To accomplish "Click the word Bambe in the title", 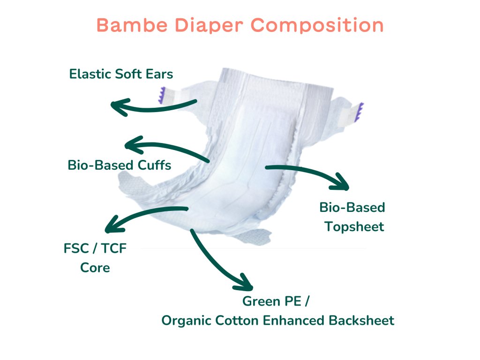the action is click(132, 25).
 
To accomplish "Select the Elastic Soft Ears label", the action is click(121, 74).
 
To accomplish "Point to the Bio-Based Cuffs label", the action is click(120, 165).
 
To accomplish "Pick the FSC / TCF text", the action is click(95, 248).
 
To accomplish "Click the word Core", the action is click(95, 268).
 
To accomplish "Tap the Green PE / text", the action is click(276, 301).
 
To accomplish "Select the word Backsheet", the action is click(361, 321).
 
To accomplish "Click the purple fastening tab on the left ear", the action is click(162, 95).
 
